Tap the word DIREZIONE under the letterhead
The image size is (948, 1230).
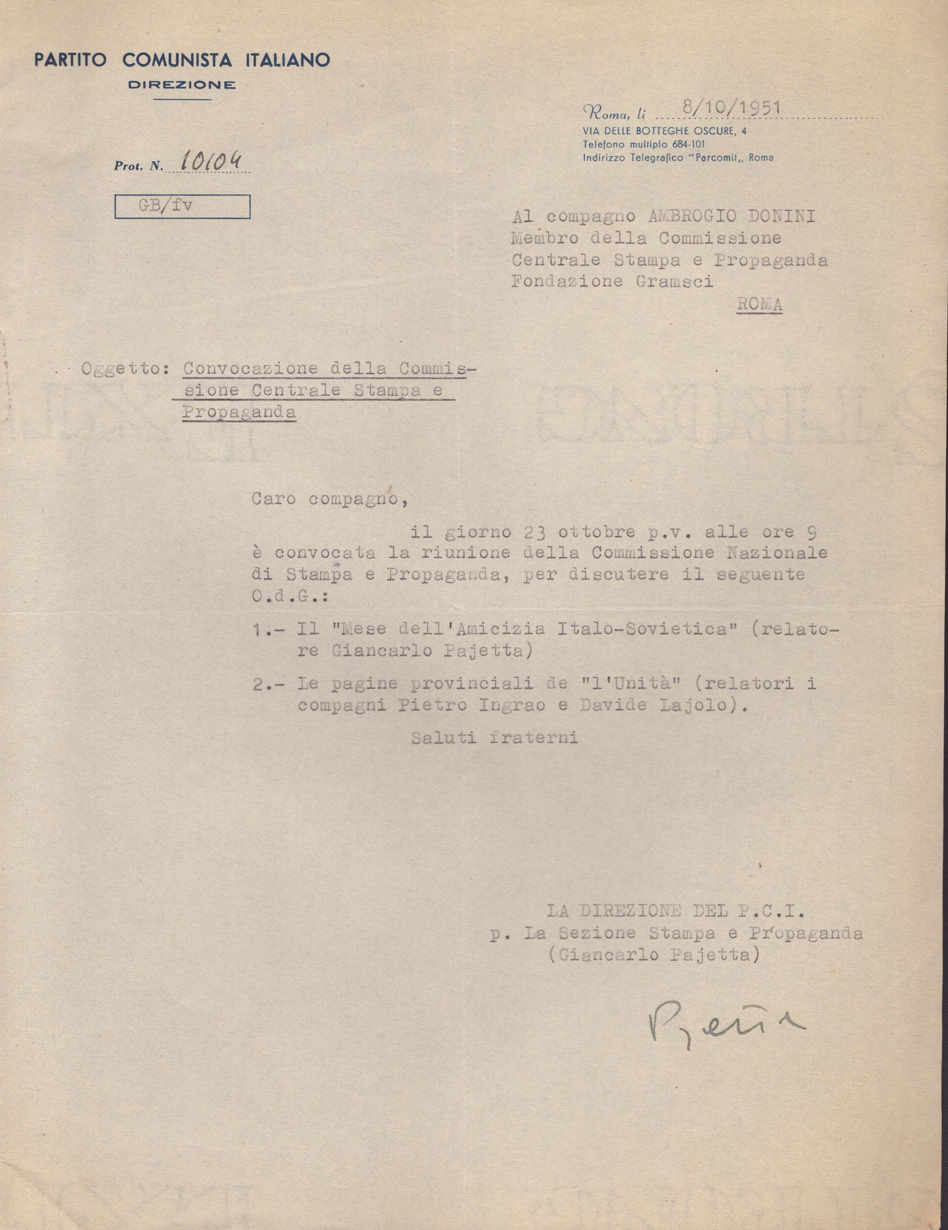(182, 86)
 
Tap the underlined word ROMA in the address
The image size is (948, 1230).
(759, 305)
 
